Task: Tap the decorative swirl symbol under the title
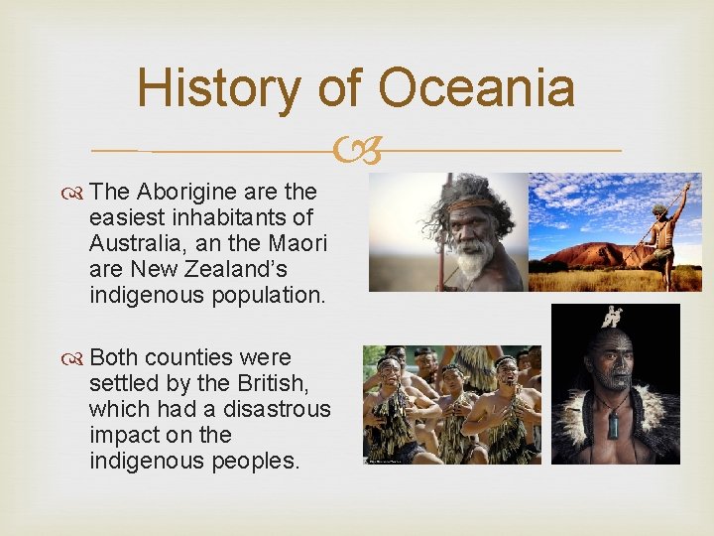point(357,151)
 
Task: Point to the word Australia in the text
point(134,242)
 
